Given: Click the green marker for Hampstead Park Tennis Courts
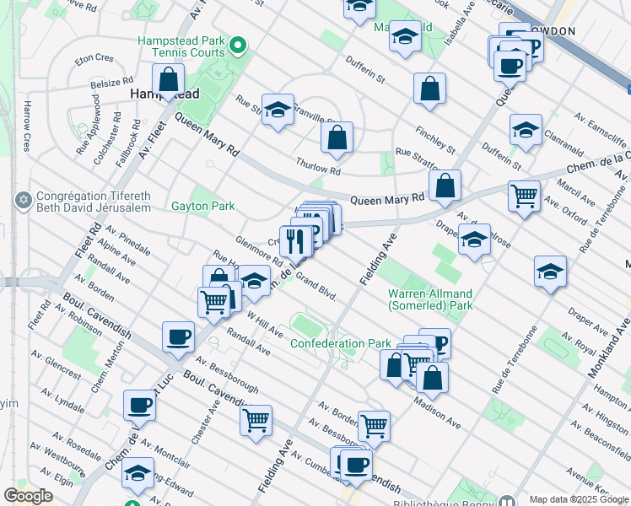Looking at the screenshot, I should click(x=239, y=45).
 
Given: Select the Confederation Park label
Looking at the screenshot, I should click(x=340, y=343).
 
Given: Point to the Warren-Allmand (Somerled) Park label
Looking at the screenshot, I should click(x=430, y=299).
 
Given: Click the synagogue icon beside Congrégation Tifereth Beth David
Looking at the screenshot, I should click(x=22, y=201).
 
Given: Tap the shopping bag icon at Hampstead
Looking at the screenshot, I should click(x=169, y=80).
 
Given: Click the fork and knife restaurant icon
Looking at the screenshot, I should click(x=296, y=240).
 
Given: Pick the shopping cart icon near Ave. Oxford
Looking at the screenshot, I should click(x=524, y=196).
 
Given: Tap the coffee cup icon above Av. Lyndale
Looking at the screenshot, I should click(x=139, y=405).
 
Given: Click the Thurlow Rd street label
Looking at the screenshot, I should click(x=317, y=165).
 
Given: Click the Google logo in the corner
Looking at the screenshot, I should click(x=28, y=496).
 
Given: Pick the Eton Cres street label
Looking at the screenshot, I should click(x=94, y=59).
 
